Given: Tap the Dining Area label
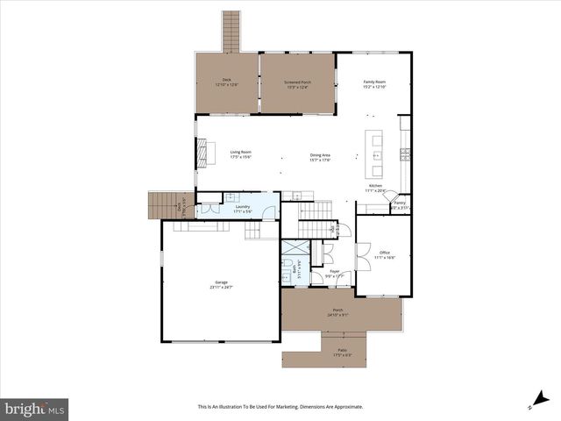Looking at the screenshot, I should [319, 155].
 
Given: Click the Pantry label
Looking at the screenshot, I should [399, 203].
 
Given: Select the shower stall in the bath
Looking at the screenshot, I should [293, 246].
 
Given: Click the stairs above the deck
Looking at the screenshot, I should [231, 31].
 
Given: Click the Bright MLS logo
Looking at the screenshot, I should [35, 409].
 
